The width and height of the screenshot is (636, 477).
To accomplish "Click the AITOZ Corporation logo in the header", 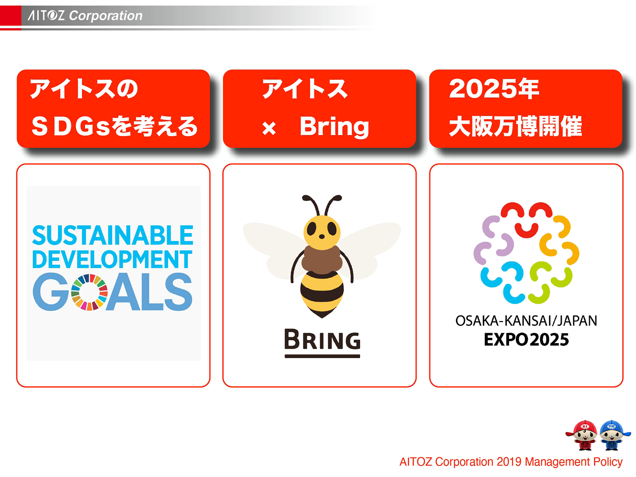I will point(85,16).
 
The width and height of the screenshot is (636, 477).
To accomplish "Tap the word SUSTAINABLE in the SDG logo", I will point(113,235).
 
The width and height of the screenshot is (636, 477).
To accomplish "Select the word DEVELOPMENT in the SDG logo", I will point(112,260).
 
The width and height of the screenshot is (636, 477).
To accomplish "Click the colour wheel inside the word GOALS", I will point(89,292).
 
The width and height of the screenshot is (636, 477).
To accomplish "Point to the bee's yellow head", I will point(322,231).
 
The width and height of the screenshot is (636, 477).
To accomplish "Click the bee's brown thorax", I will point(322,259).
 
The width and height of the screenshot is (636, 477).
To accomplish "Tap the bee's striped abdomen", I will point(322,292).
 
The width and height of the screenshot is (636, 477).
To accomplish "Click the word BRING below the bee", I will point(322,340).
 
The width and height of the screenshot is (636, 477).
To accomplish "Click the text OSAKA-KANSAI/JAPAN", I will point(526,321).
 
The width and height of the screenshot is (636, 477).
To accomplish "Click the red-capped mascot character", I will point(584,435).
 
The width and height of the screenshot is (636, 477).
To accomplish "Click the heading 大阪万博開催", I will point(515,126).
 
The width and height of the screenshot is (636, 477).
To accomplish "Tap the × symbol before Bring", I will point(269,128).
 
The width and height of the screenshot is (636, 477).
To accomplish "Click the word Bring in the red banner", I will point(334,126).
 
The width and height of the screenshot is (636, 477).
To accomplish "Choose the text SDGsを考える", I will point(114,126).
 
